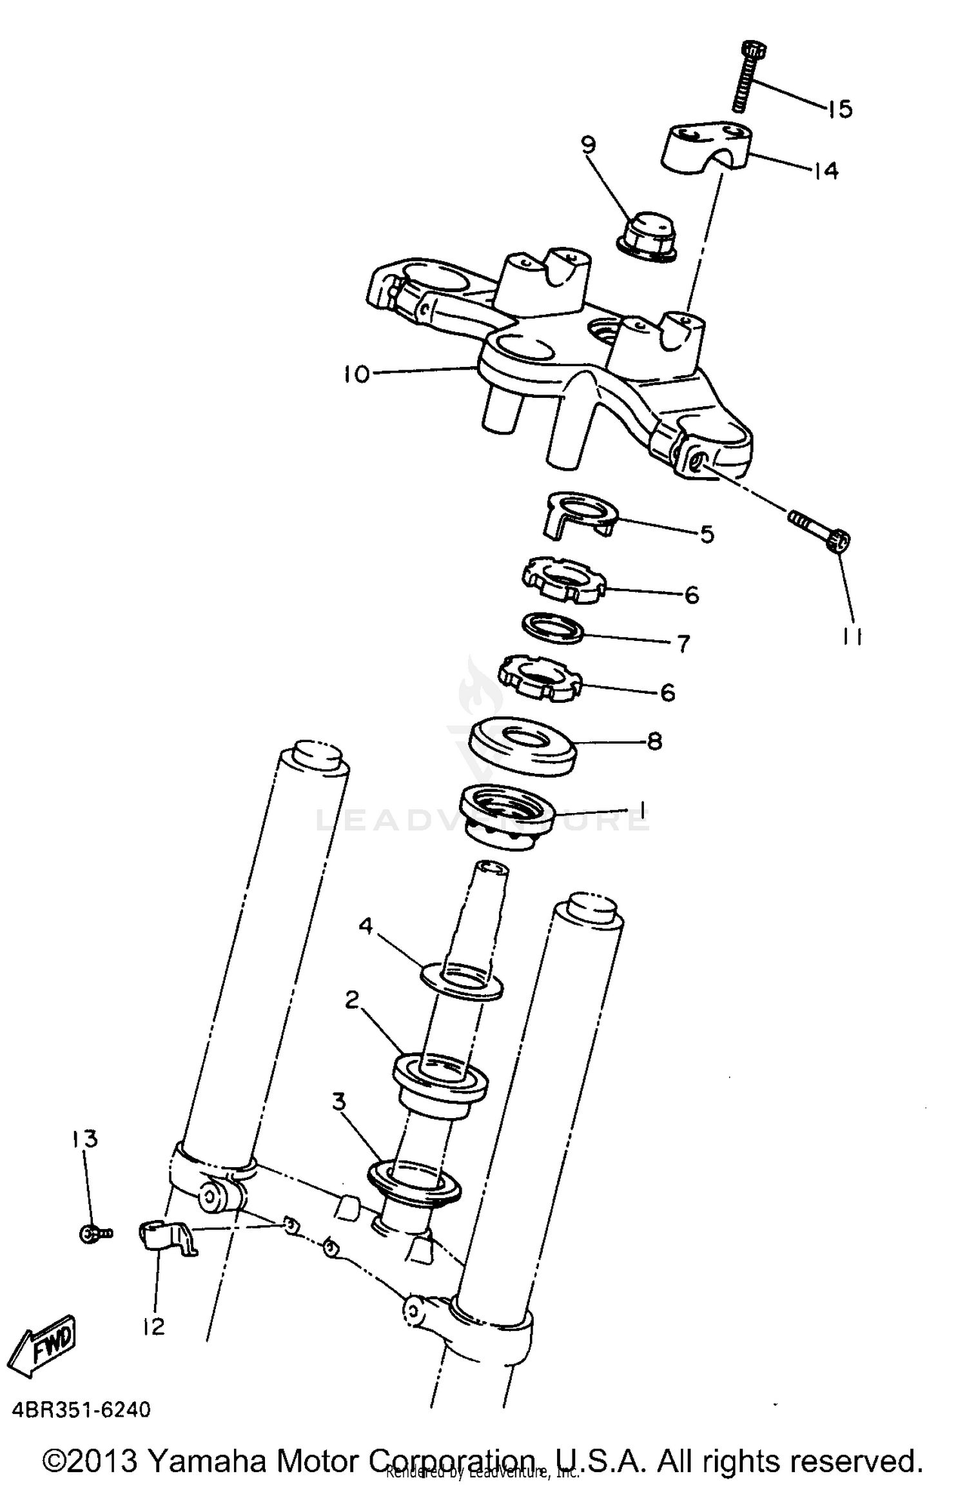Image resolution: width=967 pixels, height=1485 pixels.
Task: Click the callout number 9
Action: coord(588,145)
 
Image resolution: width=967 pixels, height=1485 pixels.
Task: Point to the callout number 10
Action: coord(356,373)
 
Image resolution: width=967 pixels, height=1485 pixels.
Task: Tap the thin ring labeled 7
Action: coord(552,627)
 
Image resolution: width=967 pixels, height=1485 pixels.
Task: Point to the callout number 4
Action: coord(366,927)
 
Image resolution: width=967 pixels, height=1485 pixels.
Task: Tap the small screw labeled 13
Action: coord(95,1234)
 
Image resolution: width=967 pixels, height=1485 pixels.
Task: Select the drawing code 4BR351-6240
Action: coord(81,1410)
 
